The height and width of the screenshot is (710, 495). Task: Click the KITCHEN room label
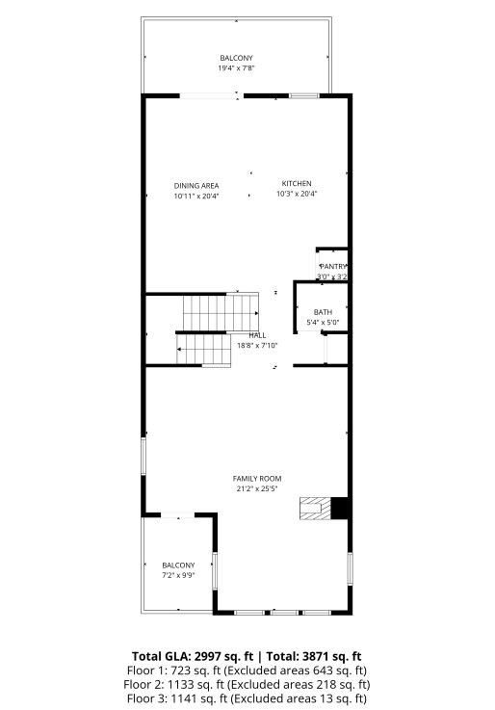297,184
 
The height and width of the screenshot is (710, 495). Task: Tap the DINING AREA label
196,186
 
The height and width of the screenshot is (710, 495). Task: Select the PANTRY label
333,266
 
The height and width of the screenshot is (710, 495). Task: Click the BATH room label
323,312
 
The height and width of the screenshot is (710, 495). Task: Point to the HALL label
257,334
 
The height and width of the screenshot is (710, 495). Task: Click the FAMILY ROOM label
256,478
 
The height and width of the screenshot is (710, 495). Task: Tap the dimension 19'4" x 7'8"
236,68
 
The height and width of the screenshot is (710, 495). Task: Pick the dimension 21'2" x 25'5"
256,488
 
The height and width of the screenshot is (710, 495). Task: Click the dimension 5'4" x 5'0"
323,322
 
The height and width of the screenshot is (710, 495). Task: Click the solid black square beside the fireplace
339,508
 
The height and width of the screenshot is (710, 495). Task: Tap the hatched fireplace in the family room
313,508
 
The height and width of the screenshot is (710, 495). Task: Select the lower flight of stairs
203,349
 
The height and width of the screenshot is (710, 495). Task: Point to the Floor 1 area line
247,670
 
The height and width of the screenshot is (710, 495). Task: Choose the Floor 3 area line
247,698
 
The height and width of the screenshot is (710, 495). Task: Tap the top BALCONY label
236,59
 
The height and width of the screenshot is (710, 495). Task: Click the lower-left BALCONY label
178,565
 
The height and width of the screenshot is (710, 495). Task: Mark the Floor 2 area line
247,684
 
